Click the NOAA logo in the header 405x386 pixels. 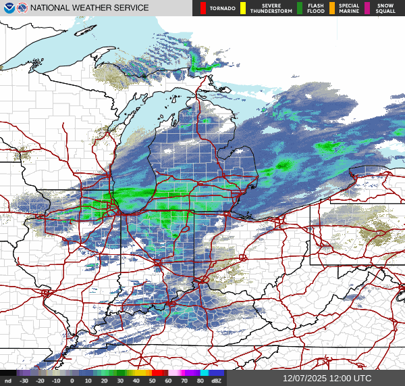click(7, 8)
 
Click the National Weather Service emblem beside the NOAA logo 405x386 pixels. click(22, 8)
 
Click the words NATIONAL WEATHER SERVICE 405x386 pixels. click(89, 8)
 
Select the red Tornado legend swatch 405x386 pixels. click(203, 8)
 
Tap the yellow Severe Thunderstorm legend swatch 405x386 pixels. click(243, 8)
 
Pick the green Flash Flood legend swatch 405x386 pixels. click(300, 8)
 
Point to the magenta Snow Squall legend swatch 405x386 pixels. click(369, 8)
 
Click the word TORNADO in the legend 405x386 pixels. click(223, 8)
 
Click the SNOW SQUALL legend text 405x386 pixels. click(387, 8)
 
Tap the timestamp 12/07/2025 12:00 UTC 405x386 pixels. click(327, 379)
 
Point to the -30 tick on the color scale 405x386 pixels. click(24, 381)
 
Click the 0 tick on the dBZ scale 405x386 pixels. click(72, 381)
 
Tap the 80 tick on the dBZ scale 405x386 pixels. click(200, 381)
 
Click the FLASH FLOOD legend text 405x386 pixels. click(315, 8)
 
